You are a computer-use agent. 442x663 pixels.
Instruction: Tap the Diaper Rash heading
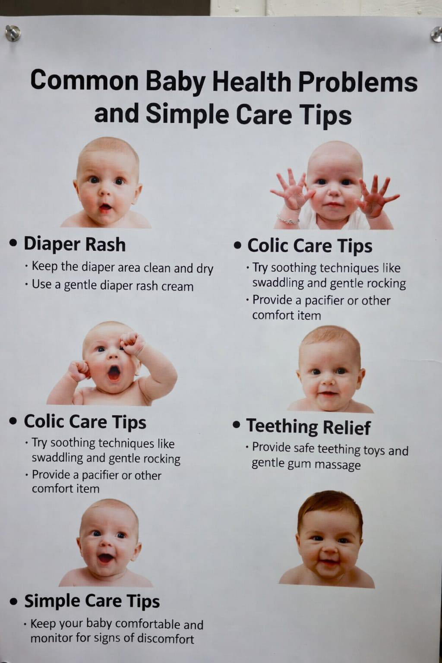(x=75, y=244)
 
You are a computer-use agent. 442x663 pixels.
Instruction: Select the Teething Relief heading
(x=308, y=426)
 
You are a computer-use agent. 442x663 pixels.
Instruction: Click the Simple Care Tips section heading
(x=92, y=601)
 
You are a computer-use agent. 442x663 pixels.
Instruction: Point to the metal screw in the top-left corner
(x=13, y=33)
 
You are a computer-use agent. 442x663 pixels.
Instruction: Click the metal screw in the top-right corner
(x=436, y=35)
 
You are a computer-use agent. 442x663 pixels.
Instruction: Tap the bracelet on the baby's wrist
(x=288, y=219)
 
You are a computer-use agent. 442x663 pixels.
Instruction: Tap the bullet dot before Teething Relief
(x=237, y=425)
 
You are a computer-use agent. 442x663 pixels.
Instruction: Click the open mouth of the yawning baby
(x=114, y=373)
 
